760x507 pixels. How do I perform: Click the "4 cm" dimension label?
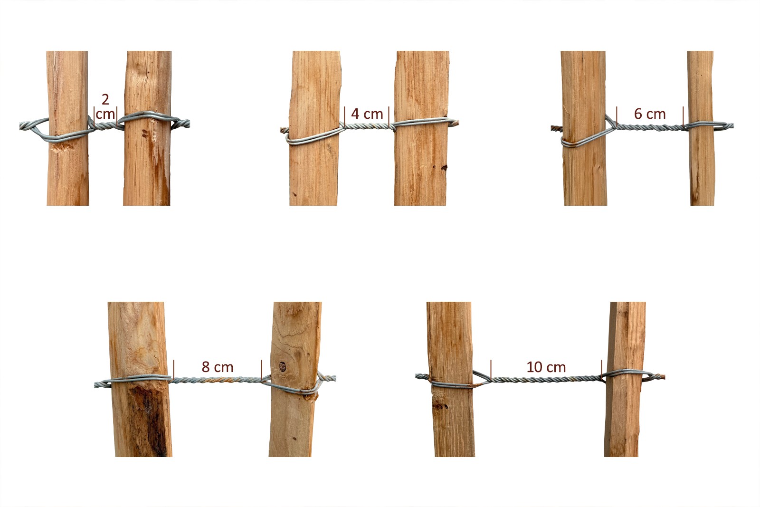(x=367, y=114)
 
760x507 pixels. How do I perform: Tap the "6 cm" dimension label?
(x=650, y=114)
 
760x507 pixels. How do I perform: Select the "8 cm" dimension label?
(x=218, y=367)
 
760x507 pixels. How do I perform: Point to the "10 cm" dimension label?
(x=546, y=367)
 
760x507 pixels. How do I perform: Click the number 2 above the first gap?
(x=105, y=99)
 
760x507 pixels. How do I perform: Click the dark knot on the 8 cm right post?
(x=282, y=366)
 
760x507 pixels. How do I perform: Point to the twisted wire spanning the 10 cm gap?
(x=546, y=379)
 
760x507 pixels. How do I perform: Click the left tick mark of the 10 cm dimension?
(x=491, y=370)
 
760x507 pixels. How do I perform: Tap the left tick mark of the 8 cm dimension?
(x=174, y=369)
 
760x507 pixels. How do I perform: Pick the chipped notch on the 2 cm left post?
(x=62, y=147)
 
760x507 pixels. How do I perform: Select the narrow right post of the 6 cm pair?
(x=701, y=128)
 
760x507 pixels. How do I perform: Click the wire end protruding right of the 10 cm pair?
(x=659, y=377)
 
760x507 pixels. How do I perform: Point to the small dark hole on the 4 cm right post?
(x=443, y=168)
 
